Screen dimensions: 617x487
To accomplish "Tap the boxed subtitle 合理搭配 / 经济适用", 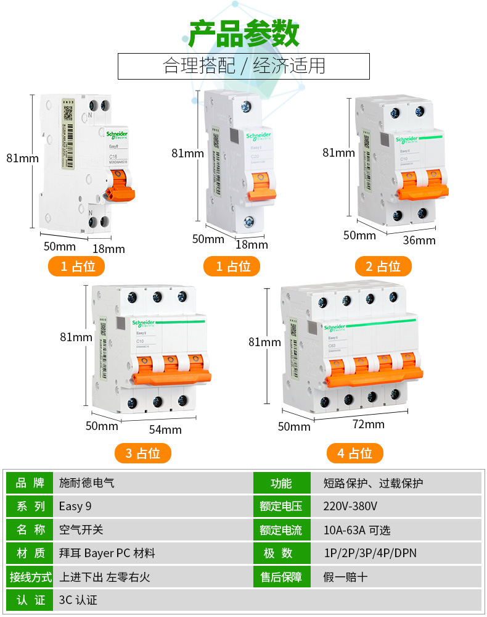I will (x=243, y=66).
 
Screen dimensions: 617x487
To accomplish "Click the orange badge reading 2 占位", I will (x=383, y=267).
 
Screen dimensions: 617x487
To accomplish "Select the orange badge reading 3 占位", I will (x=142, y=453).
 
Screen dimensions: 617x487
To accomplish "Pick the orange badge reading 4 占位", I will (x=354, y=453).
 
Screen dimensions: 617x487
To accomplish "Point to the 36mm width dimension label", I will (x=419, y=240).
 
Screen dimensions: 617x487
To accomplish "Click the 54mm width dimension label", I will (x=165, y=429).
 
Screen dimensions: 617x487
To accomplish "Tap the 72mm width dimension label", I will (x=368, y=424).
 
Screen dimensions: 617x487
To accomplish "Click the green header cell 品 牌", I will (x=30, y=483).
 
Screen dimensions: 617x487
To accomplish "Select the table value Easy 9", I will (x=75, y=507).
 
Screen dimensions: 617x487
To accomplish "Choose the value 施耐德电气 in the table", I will (x=87, y=483).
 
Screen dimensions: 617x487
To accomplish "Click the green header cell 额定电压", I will (x=281, y=507).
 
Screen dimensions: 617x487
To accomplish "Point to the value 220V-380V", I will (x=350, y=507).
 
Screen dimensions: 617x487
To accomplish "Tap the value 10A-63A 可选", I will (x=357, y=530).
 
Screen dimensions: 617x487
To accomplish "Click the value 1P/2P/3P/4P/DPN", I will (x=369, y=553).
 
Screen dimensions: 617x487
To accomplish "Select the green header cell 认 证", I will (x=30, y=600).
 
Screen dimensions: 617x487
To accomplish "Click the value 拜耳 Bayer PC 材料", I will (x=107, y=553).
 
